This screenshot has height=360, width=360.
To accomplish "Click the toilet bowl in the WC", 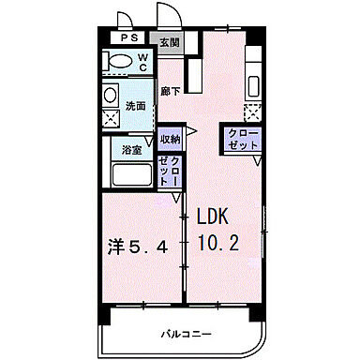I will coord(119,62).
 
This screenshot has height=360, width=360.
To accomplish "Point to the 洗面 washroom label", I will coord(137,106).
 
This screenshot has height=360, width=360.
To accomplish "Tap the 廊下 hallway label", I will coord(169,91).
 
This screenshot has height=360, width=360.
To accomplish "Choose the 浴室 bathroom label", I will coord(131,150).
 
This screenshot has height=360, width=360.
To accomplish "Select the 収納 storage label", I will coord(170,139).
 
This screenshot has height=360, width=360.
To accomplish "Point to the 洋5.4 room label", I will coord(139,247).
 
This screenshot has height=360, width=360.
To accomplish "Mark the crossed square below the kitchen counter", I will coord(251,112).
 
